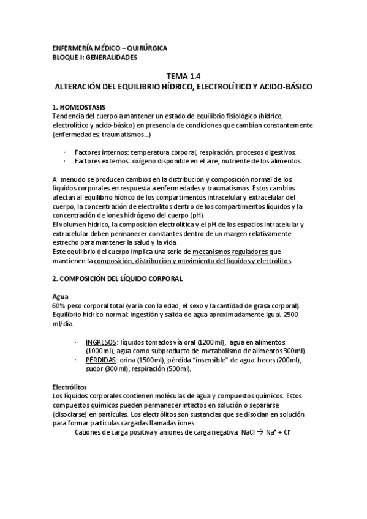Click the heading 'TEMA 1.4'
pos(183,77)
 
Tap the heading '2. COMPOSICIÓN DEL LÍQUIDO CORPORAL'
pos(118,278)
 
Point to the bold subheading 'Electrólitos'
pos(70,387)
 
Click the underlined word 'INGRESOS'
pos(102,342)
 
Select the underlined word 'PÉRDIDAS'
pos(102,360)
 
